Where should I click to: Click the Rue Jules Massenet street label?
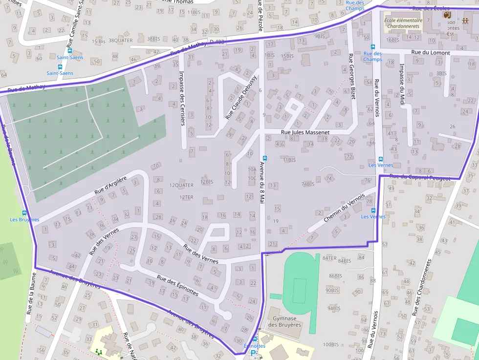(x=305, y=132)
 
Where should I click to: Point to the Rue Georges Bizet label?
(x=350, y=77)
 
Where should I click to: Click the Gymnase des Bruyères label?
(x=284, y=321)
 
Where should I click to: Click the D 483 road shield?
(x=216, y=42)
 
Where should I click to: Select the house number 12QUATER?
(x=181, y=186)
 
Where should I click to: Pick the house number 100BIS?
(x=330, y=344)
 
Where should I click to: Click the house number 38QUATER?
(x=120, y=41)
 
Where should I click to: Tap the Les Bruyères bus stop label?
(x=24, y=219)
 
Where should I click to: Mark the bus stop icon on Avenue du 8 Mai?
(x=264, y=158)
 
